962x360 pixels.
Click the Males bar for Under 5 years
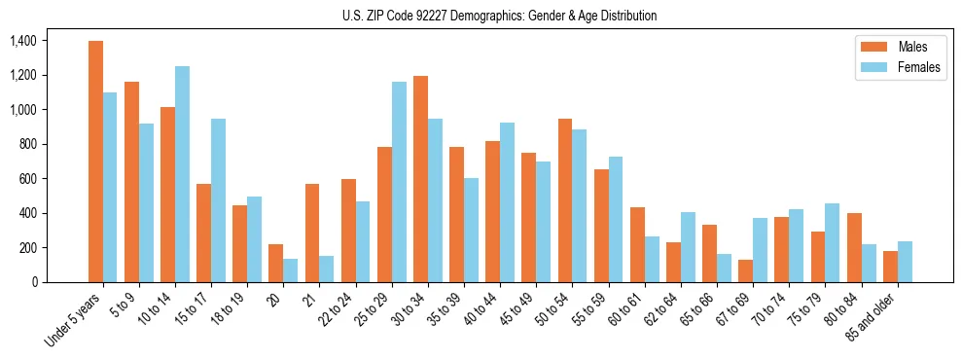95,162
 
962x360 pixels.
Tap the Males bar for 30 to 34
420,179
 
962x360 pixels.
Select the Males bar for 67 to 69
745,271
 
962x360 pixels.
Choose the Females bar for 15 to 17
218,200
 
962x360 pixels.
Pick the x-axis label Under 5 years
74,321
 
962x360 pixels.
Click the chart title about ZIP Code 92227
499,16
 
